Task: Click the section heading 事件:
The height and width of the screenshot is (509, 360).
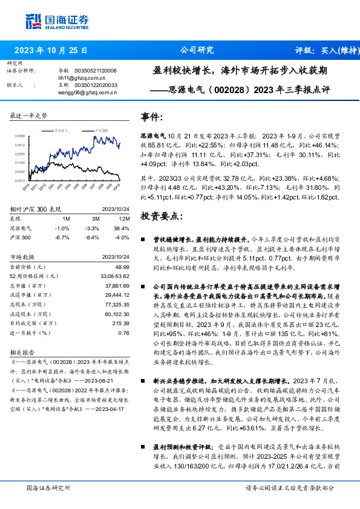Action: coord(151,117)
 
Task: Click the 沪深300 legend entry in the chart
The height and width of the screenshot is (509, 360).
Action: coord(102,130)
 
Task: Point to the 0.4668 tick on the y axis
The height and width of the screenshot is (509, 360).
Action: coord(20,137)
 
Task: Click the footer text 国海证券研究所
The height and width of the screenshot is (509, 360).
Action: coord(48,487)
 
